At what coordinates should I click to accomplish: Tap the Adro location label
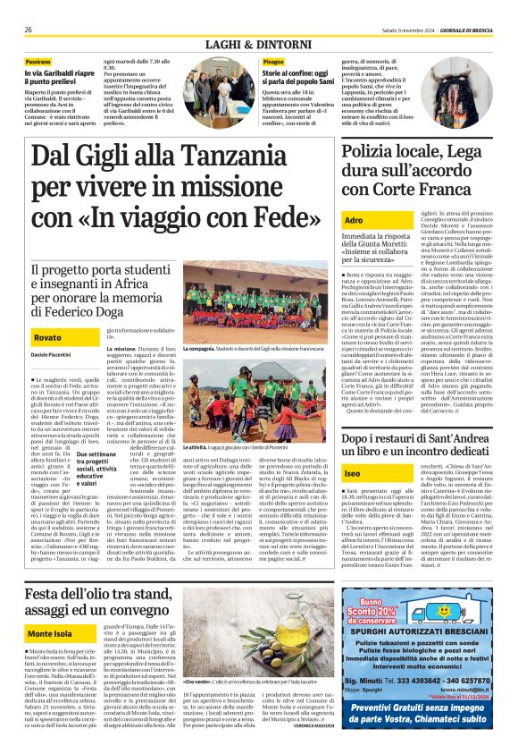point(355,219)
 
